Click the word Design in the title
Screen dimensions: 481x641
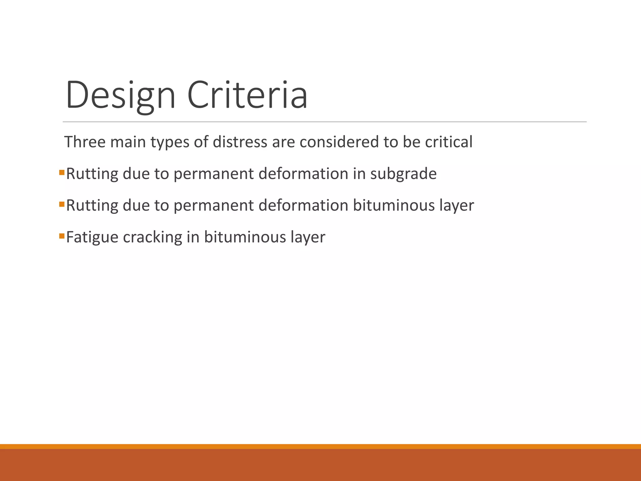coord(121,95)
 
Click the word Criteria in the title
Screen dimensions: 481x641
coord(247,95)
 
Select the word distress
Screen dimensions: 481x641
coord(240,142)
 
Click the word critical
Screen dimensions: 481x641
coord(449,142)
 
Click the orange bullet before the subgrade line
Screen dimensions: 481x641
coord(62,173)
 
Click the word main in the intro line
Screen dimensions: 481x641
coord(128,142)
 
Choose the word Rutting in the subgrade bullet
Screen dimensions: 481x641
coord(92,174)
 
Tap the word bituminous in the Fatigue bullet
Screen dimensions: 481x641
coord(245,237)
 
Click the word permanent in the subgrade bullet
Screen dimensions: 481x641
coord(213,174)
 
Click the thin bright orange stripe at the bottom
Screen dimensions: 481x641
coord(320,446)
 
